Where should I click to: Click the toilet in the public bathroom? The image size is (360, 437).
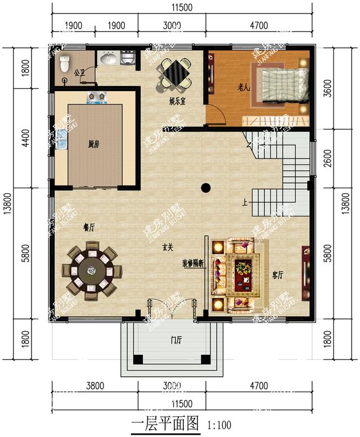[64, 60]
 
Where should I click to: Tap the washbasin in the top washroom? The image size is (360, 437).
[107, 58]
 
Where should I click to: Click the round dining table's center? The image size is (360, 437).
[91, 271]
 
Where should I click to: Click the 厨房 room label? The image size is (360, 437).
[93, 145]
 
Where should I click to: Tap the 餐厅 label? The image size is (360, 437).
[89, 227]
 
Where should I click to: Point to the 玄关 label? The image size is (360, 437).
[168, 247]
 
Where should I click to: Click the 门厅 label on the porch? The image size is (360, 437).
[176, 340]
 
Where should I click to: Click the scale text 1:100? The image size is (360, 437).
[219, 425]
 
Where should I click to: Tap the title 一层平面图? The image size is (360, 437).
[166, 424]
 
